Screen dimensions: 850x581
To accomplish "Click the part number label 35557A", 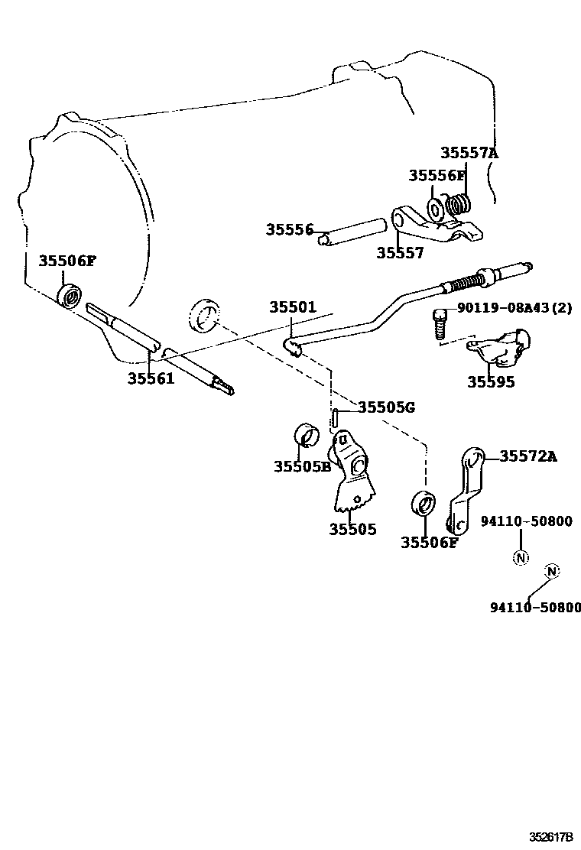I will pyautogui.click(x=469, y=153).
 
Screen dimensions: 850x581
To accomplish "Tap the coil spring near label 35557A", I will pyautogui.click(x=459, y=205).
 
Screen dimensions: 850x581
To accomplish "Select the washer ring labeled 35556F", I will pyautogui.click(x=434, y=208).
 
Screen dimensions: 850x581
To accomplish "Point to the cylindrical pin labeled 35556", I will pyautogui.click(x=353, y=232).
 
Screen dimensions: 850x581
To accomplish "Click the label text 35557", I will pyautogui.click(x=399, y=253).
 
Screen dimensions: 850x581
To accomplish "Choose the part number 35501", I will pyautogui.click(x=292, y=307).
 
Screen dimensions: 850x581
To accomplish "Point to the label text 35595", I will pyautogui.click(x=491, y=382).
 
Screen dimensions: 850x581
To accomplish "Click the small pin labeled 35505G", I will pyautogui.click(x=336, y=420).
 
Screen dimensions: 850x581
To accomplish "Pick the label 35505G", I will pyautogui.click(x=386, y=407).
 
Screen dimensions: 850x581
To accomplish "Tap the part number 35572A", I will pyautogui.click(x=528, y=457).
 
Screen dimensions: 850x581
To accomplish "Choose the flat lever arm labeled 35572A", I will pyautogui.click(x=465, y=493).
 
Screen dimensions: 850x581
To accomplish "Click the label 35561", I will pyautogui.click(x=151, y=378).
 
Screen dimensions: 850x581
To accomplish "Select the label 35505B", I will pyautogui.click(x=302, y=466).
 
